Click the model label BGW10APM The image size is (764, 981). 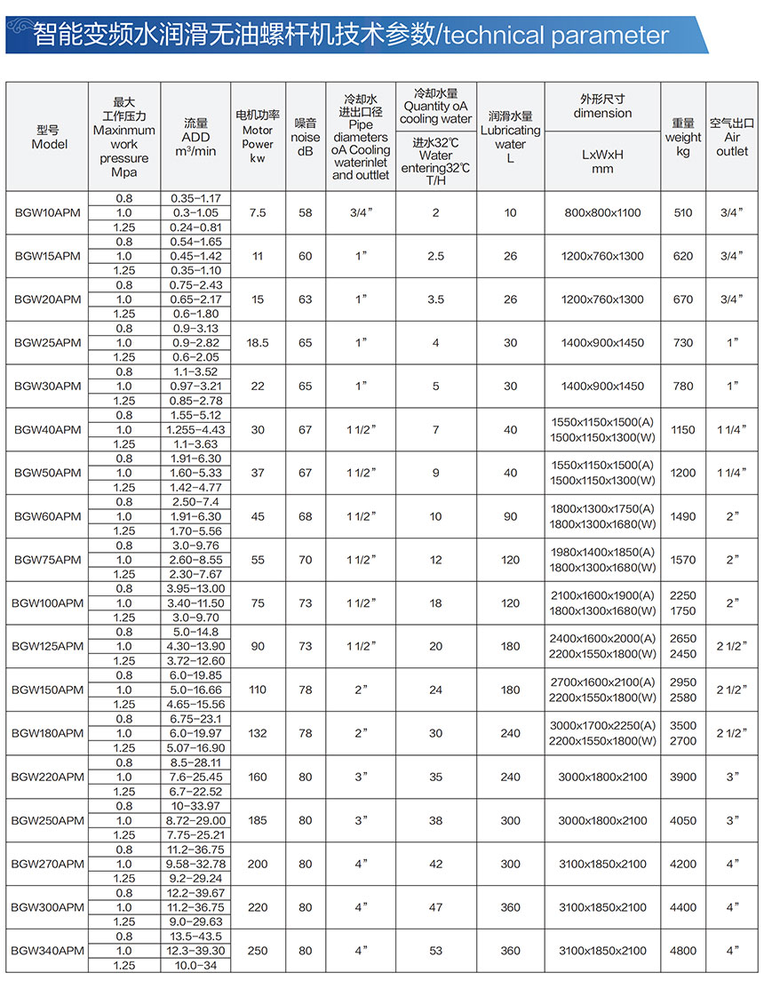click(x=48, y=213)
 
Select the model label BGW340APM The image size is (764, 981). click(x=48, y=951)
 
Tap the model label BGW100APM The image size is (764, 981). click(x=48, y=603)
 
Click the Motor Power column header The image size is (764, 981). click(x=258, y=137)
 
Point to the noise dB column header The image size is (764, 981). click(x=306, y=137)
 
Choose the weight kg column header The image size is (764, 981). click(x=683, y=137)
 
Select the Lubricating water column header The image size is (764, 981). click(x=511, y=137)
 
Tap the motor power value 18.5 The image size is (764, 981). click(x=258, y=343)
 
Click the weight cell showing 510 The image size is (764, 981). click(x=683, y=213)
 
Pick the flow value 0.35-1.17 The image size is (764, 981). click(x=195, y=198)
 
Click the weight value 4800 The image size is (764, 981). click(x=683, y=951)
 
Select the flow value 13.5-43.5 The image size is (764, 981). click(x=195, y=937)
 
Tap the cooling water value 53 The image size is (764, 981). click(x=436, y=951)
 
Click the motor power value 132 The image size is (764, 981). click(x=258, y=734)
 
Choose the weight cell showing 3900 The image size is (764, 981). click(x=683, y=778)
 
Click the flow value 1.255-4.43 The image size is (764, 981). click(x=195, y=430)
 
